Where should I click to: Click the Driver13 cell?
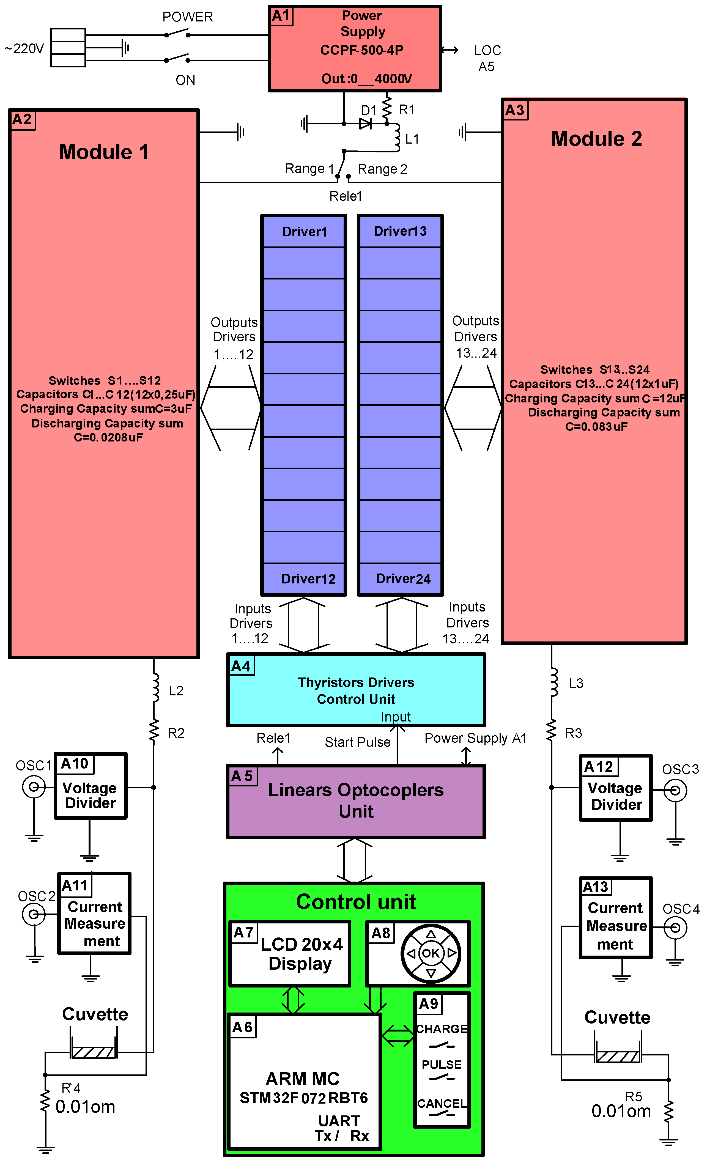(400, 231)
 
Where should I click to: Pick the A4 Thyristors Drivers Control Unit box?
(356, 690)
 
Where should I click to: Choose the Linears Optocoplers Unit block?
(356, 801)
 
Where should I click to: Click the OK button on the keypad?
(431, 953)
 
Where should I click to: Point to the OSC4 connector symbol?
(675, 928)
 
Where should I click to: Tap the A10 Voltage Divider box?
(91, 786)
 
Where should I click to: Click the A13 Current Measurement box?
(615, 918)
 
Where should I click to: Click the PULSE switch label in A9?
(441, 1065)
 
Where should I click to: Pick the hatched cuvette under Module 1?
(94, 1052)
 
